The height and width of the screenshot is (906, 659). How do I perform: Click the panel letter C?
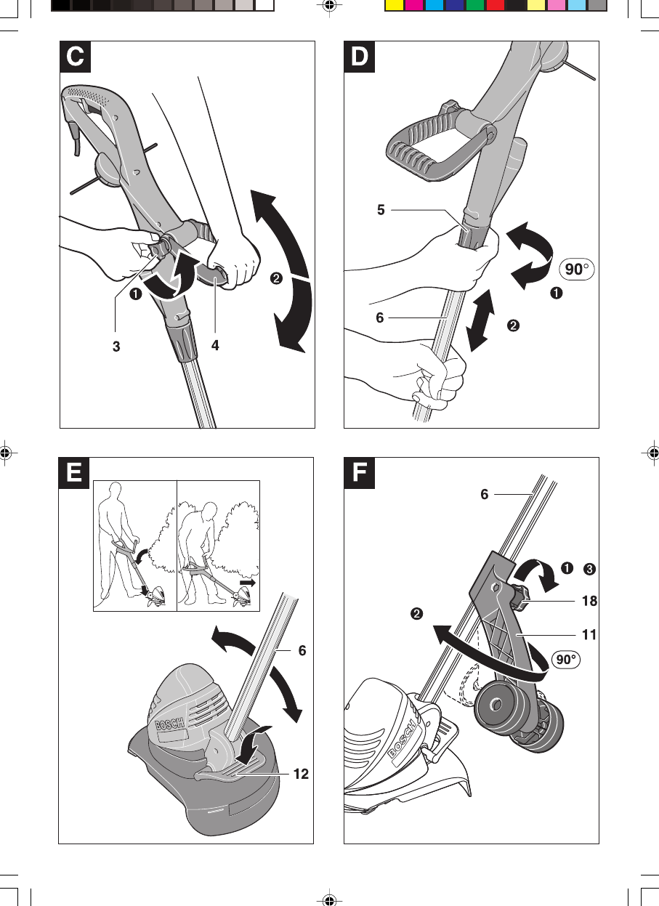pyautogui.click(x=75, y=57)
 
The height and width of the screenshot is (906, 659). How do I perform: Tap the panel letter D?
pyautogui.click(x=360, y=57)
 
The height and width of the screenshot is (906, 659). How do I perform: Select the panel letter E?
pyautogui.click(x=75, y=473)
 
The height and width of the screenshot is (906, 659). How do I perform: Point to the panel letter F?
pyautogui.click(x=360, y=473)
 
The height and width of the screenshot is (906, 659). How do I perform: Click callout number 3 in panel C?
pyautogui.click(x=116, y=347)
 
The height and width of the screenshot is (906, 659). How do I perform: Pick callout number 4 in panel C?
pyautogui.click(x=216, y=347)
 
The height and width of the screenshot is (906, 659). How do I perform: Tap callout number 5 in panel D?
pyautogui.click(x=381, y=210)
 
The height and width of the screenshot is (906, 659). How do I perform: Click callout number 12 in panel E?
pyautogui.click(x=301, y=774)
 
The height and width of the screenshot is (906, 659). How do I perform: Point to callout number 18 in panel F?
pyautogui.click(x=589, y=601)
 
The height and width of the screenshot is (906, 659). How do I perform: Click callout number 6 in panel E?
pyautogui.click(x=302, y=651)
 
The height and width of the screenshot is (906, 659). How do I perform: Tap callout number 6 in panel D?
pyautogui.click(x=381, y=317)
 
